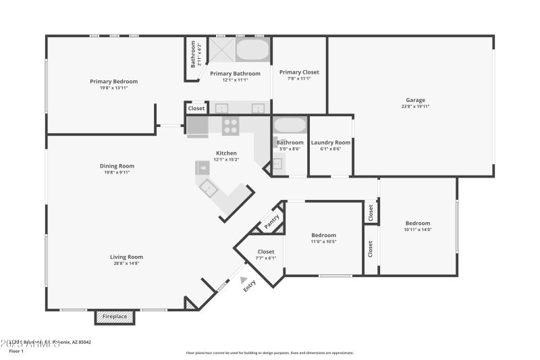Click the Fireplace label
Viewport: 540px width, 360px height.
tap(115, 316)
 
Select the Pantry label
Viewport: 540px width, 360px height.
tap(272, 222)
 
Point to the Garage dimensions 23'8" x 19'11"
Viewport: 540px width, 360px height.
tap(415, 106)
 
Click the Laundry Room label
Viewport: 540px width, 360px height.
tap(330, 143)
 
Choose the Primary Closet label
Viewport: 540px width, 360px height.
tap(299, 72)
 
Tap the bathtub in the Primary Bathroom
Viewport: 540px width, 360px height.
tap(252, 51)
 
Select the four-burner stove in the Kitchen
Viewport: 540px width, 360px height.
tap(231, 126)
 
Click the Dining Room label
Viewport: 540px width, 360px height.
tap(117, 165)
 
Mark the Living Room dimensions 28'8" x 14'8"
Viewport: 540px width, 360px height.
tap(126, 263)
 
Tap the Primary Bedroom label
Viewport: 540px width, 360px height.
tap(109, 81)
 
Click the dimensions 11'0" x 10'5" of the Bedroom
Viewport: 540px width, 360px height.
tap(323, 242)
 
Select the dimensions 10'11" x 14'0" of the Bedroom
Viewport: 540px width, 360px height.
tap(417, 230)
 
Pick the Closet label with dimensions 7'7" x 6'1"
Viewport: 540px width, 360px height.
tap(266, 251)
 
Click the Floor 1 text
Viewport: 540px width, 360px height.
tap(16, 351)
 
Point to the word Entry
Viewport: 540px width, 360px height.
tap(250, 286)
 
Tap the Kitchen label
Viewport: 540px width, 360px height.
tap(226, 153)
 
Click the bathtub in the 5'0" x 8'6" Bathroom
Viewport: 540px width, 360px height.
tap(290, 126)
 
